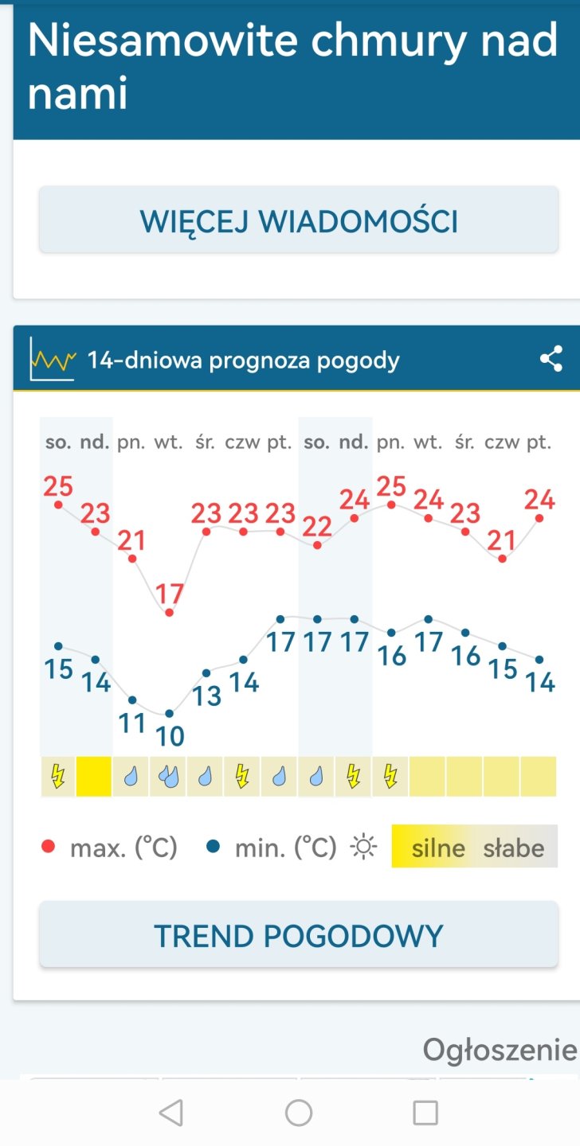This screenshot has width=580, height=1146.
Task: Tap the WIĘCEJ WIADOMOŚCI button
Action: click(x=299, y=220)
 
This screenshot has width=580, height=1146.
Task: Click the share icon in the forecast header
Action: click(x=551, y=359)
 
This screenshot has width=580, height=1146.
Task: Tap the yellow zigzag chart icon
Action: click(x=53, y=361)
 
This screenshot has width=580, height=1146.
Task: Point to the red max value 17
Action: click(x=170, y=594)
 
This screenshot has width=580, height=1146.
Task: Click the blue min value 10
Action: click(x=170, y=736)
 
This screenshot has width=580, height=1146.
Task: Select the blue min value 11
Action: click(x=132, y=723)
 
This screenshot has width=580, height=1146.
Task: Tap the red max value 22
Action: click(x=317, y=526)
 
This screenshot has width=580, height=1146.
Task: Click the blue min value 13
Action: click(x=206, y=696)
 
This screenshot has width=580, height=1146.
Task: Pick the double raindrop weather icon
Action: click(x=169, y=776)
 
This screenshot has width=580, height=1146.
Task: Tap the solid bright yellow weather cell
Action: click(x=95, y=776)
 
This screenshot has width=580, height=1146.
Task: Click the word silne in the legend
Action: click(x=438, y=848)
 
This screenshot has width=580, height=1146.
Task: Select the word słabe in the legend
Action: click(x=514, y=848)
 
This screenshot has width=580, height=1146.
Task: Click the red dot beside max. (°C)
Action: click(x=49, y=848)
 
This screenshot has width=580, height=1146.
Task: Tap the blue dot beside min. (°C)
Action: click(x=213, y=848)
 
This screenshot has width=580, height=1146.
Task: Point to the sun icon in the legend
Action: click(x=364, y=848)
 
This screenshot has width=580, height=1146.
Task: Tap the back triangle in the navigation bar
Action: click(x=170, y=1112)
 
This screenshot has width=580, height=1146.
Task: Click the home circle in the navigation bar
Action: click(x=299, y=1112)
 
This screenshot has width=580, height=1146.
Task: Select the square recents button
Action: click(x=425, y=1112)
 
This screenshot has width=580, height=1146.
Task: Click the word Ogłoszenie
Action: click(x=500, y=1050)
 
